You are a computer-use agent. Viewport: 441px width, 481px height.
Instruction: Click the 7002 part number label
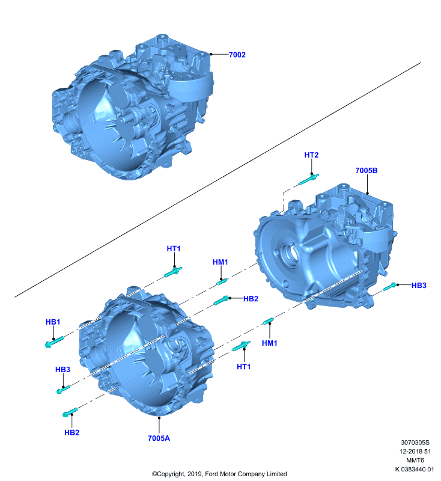click(x=237, y=55)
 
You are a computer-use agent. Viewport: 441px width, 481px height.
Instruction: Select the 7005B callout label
click(x=366, y=171)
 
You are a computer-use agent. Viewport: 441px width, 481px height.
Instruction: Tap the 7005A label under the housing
click(x=159, y=438)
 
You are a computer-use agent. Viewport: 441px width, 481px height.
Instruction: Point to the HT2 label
click(x=311, y=155)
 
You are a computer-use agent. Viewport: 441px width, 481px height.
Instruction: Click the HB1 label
click(x=53, y=322)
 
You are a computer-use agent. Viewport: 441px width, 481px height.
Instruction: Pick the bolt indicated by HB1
click(x=54, y=342)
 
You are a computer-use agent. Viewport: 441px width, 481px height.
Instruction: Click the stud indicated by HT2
click(x=308, y=179)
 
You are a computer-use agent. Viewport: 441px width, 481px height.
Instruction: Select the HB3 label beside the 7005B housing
click(x=419, y=285)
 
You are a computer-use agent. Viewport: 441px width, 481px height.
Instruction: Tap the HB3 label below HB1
click(x=62, y=370)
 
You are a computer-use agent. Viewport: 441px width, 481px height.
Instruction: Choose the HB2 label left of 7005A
click(x=71, y=432)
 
